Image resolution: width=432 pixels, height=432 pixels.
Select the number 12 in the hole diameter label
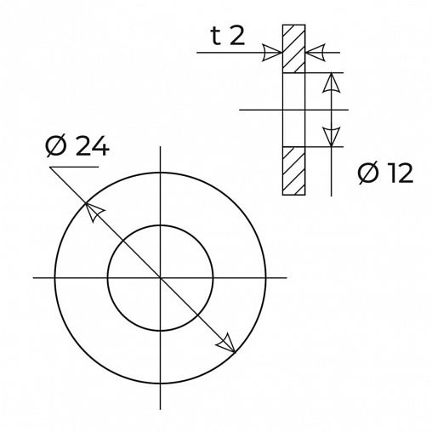pyautogui.click(x=396, y=173)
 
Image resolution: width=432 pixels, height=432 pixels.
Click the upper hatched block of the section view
pyautogui.click(x=294, y=49)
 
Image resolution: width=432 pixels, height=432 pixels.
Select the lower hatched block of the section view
pyautogui.click(x=294, y=171)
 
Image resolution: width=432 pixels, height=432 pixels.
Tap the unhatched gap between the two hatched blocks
pyautogui.click(x=294, y=110)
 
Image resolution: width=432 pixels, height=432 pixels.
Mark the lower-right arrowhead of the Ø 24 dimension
pyautogui.click(x=225, y=343)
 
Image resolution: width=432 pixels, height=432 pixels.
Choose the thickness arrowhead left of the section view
pyautogui.click(x=272, y=54)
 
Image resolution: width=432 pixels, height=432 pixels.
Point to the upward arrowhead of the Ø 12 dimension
pyautogui.click(x=333, y=82)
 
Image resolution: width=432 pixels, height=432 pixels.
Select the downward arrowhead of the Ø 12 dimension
pyautogui.click(x=333, y=136)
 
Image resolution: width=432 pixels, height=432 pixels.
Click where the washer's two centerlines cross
pyautogui.click(x=159, y=277)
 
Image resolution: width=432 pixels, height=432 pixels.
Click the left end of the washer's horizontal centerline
pyautogui.click(x=34, y=277)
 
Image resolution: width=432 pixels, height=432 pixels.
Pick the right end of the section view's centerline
pyautogui.click(x=348, y=110)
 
